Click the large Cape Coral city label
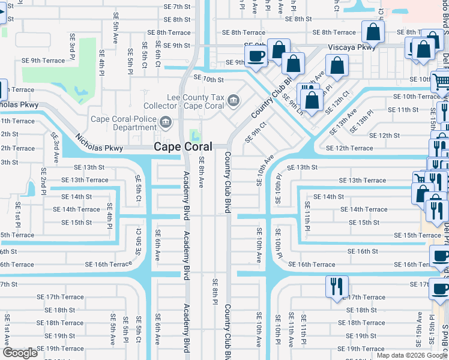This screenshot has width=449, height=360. coord(182,146)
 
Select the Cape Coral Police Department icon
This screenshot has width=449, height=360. coord(166,123)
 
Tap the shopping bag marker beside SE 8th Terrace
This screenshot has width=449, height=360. coord(373,32)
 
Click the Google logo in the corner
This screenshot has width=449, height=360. coord(20,353)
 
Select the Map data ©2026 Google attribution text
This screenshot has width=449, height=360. coord(412,355)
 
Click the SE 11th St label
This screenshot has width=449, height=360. coord(403,110)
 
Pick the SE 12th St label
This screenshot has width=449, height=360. coord(384,136)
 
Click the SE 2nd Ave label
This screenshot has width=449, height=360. coord(43,177)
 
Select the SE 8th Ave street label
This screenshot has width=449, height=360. coord(202,172)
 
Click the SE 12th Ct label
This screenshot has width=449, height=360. coord(337,103)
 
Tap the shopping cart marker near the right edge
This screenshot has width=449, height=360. coord(442,82)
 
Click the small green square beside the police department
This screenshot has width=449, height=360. coord(194,134)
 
